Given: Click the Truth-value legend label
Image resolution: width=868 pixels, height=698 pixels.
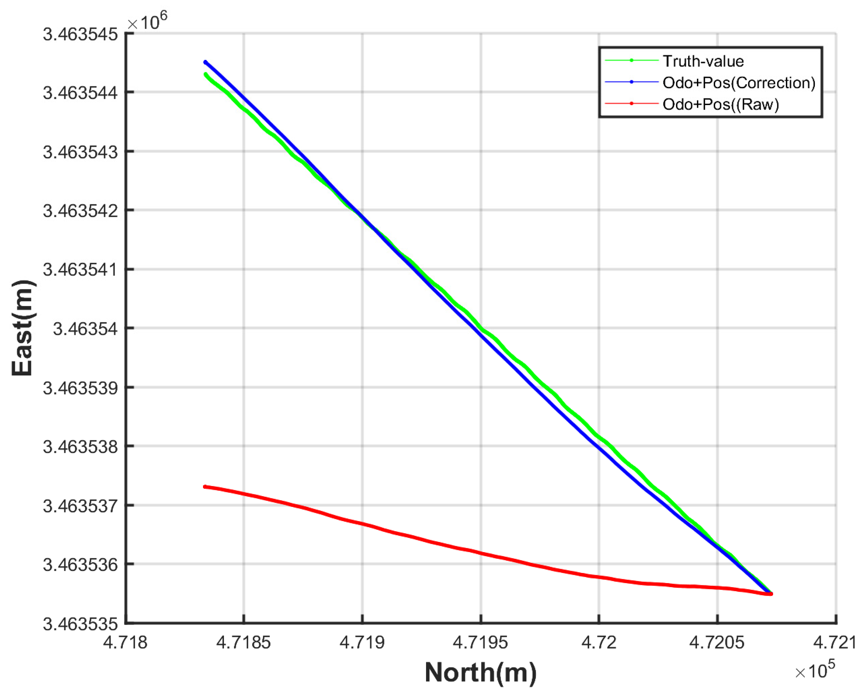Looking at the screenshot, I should coord(703,61).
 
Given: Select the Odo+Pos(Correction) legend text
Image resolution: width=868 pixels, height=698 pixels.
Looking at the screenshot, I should coord(739,83).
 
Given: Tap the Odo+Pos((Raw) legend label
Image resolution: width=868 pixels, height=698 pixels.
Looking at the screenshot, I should coord(721,104).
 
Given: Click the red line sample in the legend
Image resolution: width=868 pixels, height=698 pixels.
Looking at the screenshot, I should coord(631,104).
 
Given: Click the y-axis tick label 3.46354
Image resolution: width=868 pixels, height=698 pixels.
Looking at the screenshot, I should coord(85,329).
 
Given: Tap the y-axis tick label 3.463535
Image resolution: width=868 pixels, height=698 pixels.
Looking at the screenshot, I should coord(80,624).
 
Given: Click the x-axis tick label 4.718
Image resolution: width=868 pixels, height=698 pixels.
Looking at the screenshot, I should coord(125,642).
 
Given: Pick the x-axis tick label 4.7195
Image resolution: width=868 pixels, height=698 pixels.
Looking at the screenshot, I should coord(480,642).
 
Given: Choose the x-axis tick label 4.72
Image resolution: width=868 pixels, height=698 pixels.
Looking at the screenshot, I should coord(599,642).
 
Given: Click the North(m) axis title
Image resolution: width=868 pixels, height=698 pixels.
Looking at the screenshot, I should coord(481,672).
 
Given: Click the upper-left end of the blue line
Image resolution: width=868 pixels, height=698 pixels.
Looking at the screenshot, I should coord(205,62).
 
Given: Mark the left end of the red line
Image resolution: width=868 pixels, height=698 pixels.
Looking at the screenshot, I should coord(205,487).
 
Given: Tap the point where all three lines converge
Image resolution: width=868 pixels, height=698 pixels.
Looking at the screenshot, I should coord(770,593).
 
